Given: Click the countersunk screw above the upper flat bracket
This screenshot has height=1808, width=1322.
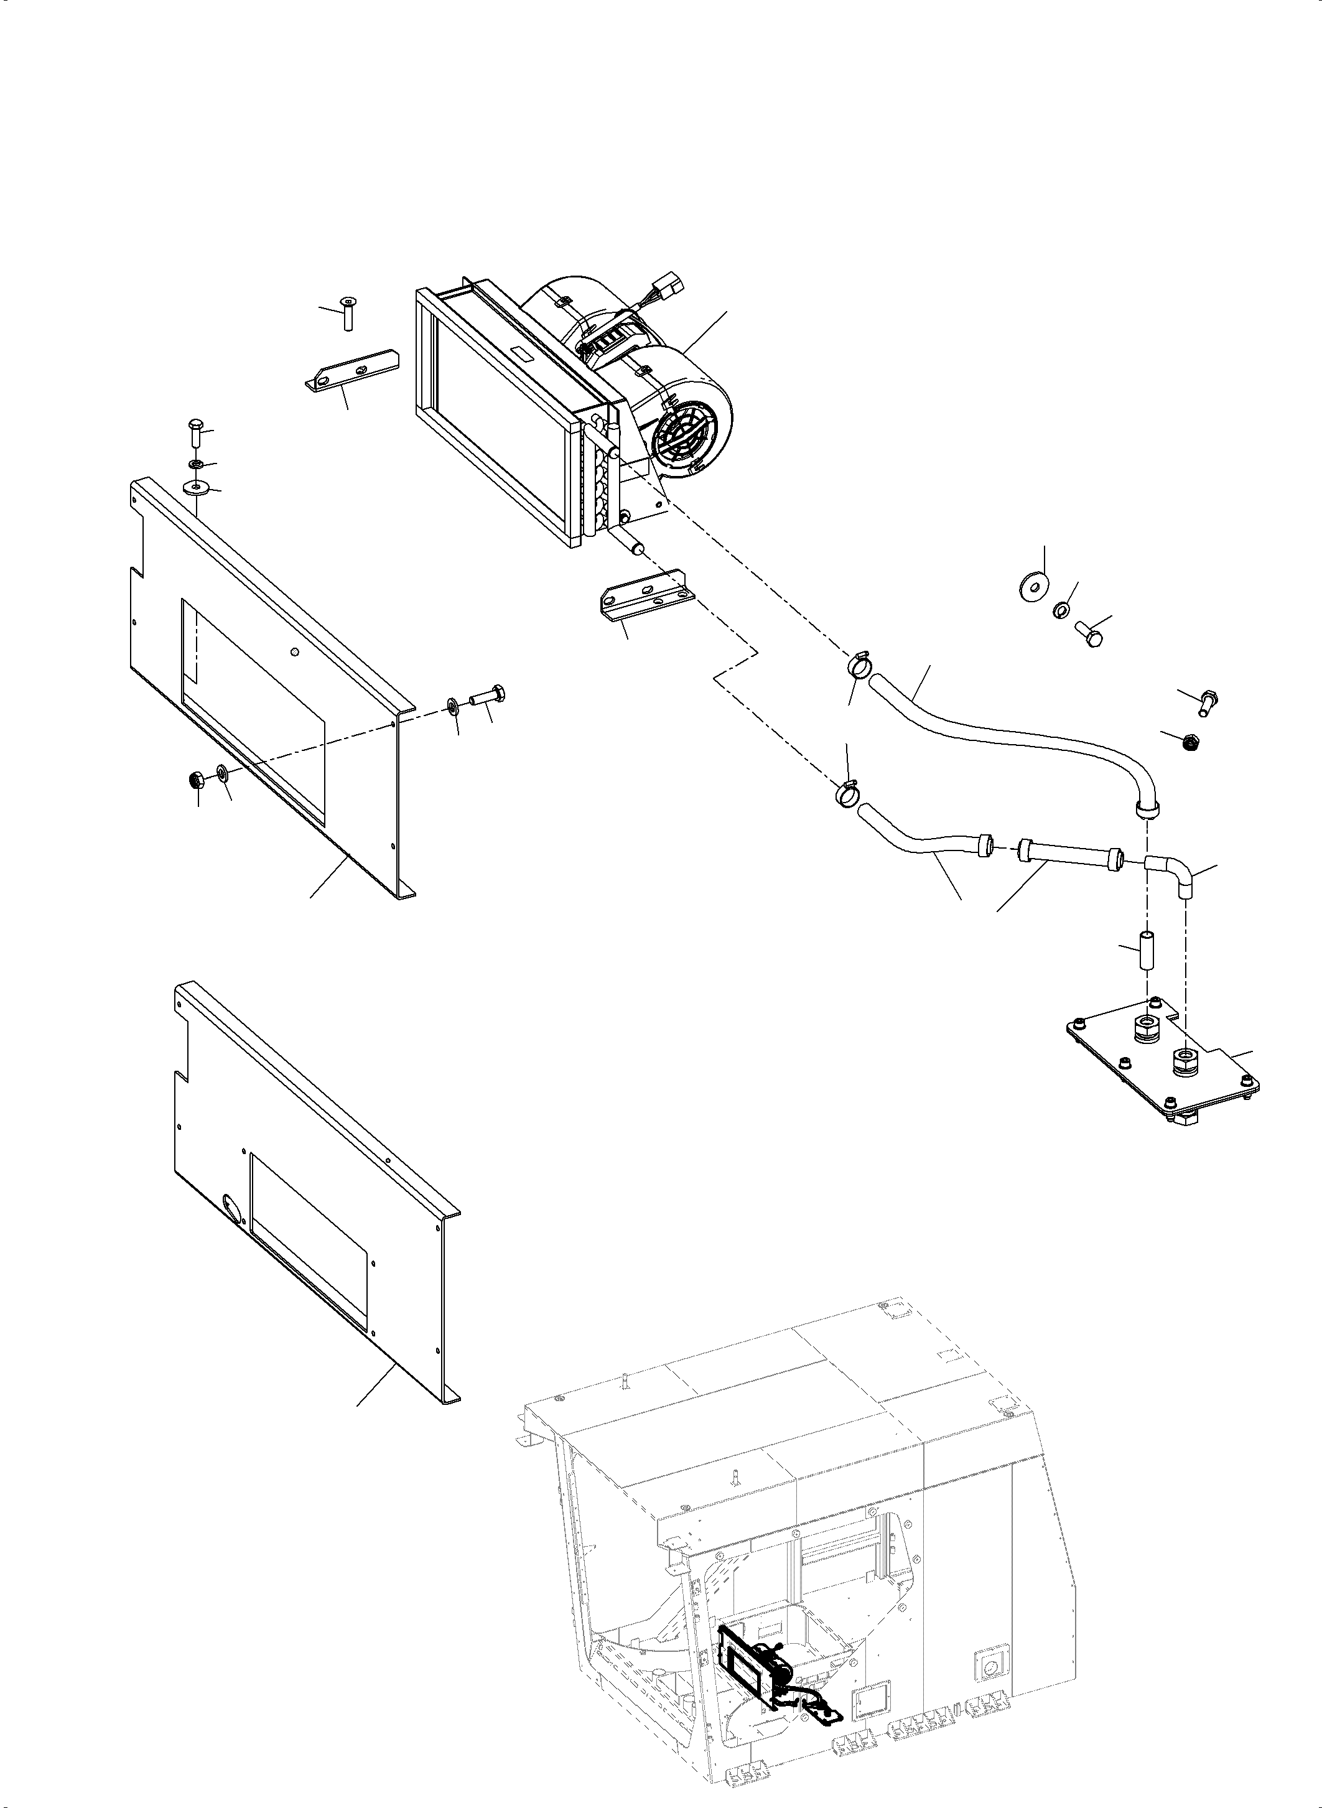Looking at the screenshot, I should pyautogui.click(x=349, y=312).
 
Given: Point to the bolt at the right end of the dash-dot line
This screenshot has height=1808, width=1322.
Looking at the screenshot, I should pyautogui.click(x=487, y=696).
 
